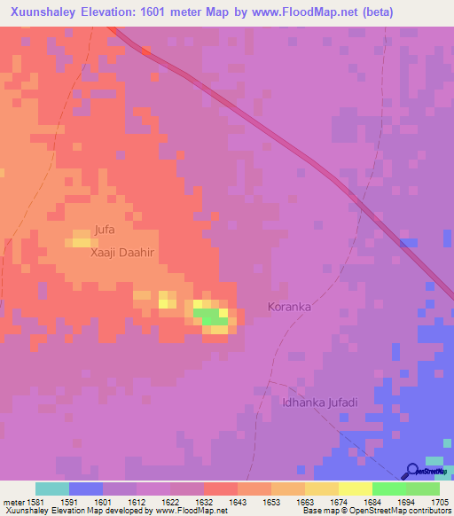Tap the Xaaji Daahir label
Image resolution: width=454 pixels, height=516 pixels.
point(122,253)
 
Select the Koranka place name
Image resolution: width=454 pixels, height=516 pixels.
point(289,307)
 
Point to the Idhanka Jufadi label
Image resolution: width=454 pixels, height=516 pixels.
point(319,403)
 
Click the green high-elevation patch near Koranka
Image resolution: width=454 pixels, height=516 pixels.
point(210,316)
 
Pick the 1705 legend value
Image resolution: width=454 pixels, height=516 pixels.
point(440,503)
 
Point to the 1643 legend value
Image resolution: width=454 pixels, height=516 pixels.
point(237,503)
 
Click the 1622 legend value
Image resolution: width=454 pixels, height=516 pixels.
point(169,503)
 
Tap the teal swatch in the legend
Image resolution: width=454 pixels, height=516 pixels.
point(52,489)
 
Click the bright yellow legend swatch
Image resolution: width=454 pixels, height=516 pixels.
point(356,489)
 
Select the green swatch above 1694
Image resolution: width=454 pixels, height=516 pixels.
point(389,489)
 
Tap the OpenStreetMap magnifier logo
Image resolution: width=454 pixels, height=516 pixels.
point(412,471)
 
